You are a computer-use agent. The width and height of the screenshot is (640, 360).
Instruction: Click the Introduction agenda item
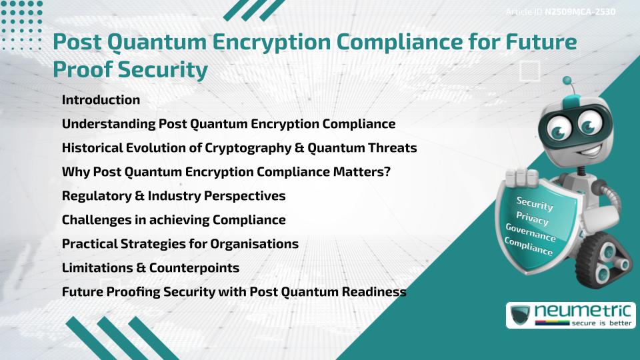pos(101,100)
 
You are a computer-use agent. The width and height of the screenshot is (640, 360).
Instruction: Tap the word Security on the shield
pos(535,203)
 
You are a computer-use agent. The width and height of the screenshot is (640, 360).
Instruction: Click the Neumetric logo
pos(570,315)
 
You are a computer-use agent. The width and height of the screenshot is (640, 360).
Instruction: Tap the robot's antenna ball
pos(568,81)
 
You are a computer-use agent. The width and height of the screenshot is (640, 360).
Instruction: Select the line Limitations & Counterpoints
pos(151,268)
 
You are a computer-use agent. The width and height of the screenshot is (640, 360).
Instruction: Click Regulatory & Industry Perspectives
pos(173,196)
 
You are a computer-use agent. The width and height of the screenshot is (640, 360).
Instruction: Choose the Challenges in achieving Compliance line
pos(173,220)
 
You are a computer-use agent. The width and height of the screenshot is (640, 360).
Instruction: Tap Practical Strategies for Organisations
pos(180,244)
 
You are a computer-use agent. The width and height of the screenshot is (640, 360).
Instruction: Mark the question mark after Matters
pos(387,172)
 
